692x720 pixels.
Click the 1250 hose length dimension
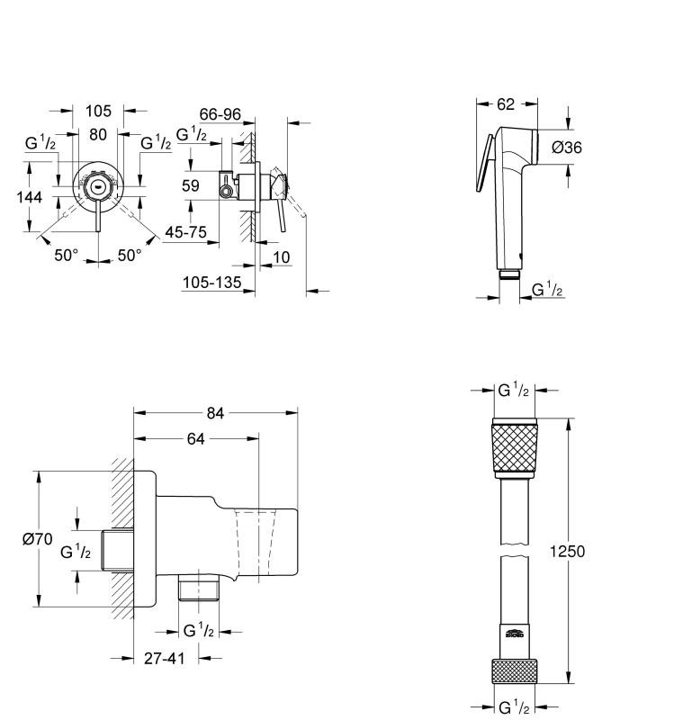pyautogui.click(x=567, y=551)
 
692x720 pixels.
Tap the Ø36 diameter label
pyautogui.click(x=567, y=148)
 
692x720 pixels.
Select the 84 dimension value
pyautogui.click(x=215, y=413)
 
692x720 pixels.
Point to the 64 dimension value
pyautogui.click(x=195, y=439)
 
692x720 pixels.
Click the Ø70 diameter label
pyautogui.click(x=38, y=538)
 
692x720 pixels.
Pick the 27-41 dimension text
pyautogui.click(x=165, y=659)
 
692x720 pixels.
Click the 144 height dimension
pyautogui.click(x=29, y=197)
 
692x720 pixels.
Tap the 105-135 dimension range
pyautogui.click(x=211, y=283)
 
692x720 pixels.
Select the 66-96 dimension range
pyautogui.click(x=220, y=114)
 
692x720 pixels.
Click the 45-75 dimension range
pyautogui.click(x=186, y=232)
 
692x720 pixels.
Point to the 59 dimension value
pyautogui.click(x=191, y=186)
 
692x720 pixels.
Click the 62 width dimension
pyautogui.click(x=506, y=104)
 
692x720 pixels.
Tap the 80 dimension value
pyautogui.click(x=98, y=134)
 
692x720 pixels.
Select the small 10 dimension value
pyautogui.click(x=282, y=257)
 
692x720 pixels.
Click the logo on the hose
pyautogui.click(x=514, y=634)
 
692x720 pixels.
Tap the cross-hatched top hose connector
pyautogui.click(x=515, y=448)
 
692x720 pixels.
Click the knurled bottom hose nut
pyautogui.click(x=515, y=671)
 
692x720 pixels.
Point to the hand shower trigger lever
pyautogui.click(x=485, y=163)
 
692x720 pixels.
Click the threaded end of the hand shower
pyautogui.click(x=509, y=274)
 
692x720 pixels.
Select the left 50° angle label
pyautogui.click(x=66, y=256)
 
